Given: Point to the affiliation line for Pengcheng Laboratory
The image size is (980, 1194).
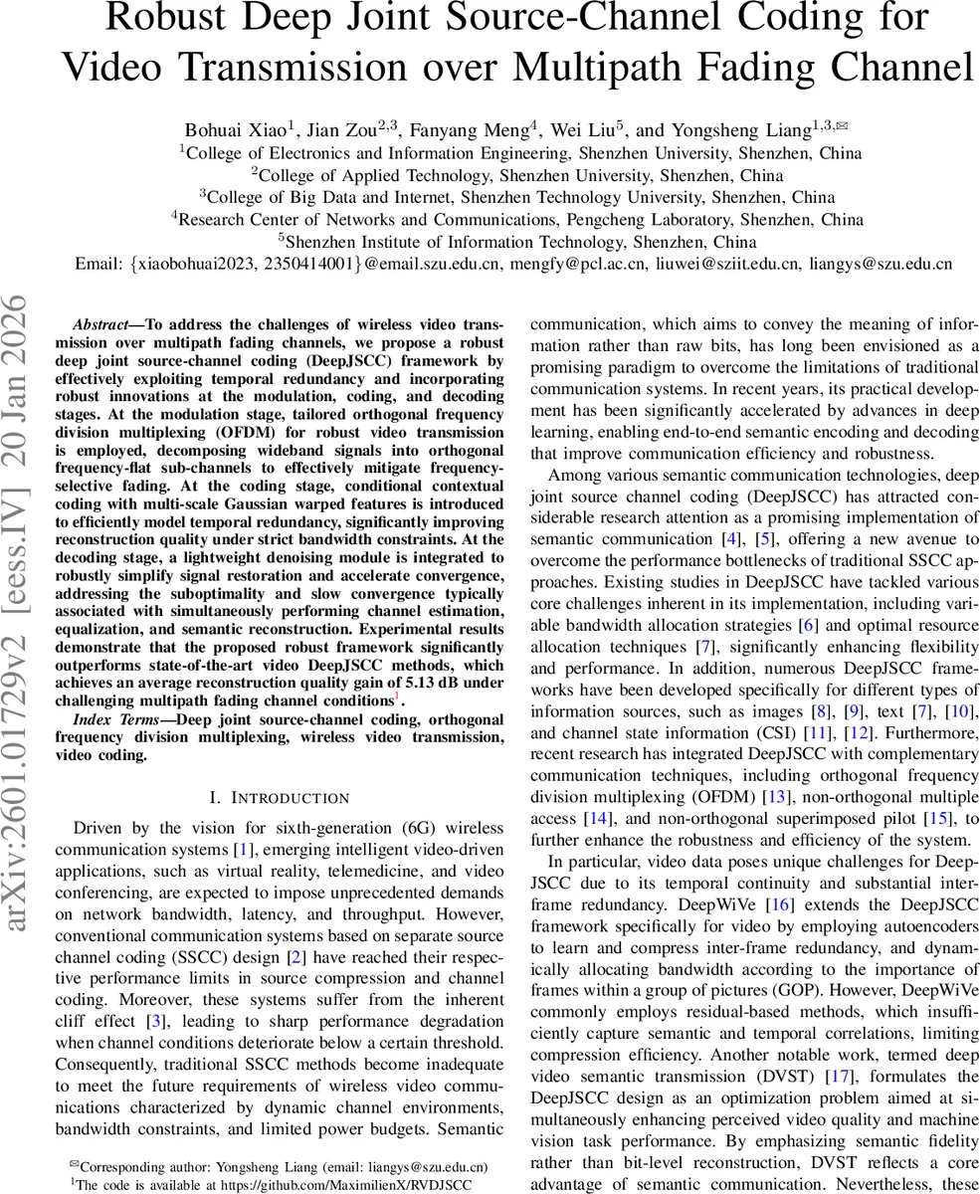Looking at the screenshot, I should [517, 219].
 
